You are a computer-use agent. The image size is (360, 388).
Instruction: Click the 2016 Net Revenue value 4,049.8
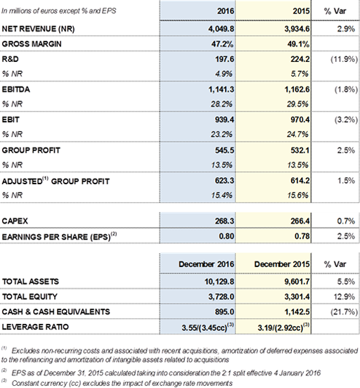pos(221,29)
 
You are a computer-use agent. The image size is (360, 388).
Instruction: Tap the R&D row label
pos(10,59)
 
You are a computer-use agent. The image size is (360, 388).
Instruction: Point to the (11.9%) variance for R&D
pos(344,59)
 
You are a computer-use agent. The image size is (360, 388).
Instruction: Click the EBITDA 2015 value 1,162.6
pos(297,89)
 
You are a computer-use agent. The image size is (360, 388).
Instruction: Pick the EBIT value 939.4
pos(224,119)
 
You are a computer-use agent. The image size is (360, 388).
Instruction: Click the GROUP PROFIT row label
pos(31,150)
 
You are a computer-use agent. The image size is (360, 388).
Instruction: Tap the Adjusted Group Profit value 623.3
pos(224,181)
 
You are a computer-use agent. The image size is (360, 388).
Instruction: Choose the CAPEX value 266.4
pos(300,221)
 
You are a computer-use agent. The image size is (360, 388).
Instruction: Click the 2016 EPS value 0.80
pos(226,236)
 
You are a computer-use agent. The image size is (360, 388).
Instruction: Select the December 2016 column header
pos(206,264)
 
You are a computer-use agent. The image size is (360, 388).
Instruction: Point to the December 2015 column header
pos(282,264)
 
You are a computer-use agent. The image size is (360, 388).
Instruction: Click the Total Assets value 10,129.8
pos(219,282)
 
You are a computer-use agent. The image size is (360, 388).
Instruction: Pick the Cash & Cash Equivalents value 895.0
pos(224,312)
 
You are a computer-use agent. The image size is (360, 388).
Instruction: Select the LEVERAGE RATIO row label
pos(35,327)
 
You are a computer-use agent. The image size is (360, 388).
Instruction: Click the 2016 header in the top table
pos(226,11)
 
